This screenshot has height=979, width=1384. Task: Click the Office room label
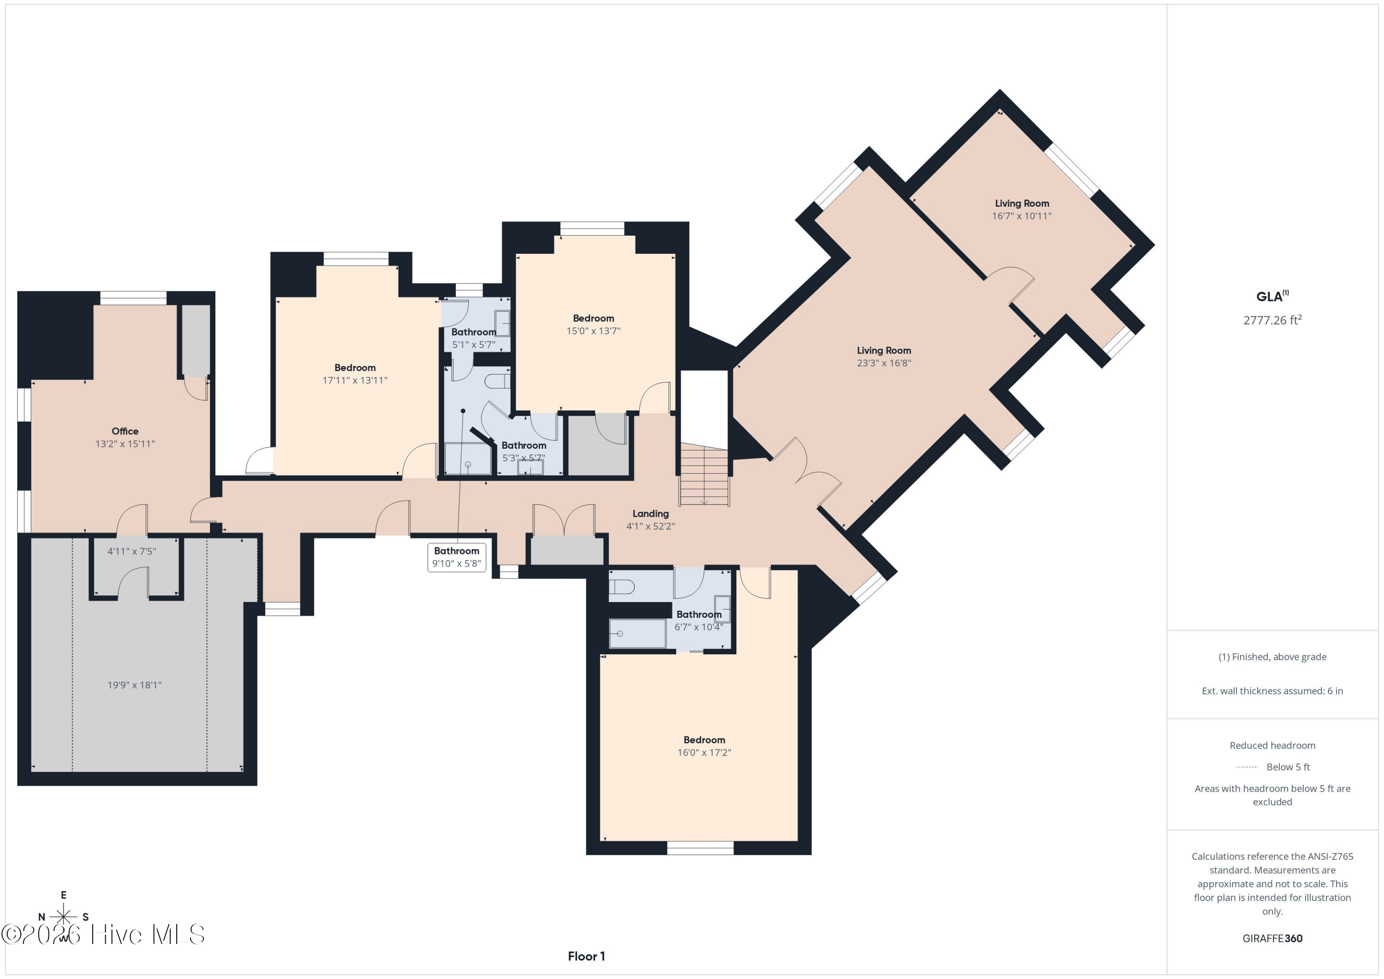125,431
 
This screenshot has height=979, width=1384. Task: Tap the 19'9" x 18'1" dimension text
134,685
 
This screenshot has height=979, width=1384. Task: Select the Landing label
650,513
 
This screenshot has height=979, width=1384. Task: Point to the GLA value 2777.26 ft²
1272,320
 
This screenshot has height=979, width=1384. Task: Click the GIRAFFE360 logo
1272,938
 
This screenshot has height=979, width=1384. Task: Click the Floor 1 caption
586,956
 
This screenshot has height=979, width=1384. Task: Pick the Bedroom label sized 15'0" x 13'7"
594,324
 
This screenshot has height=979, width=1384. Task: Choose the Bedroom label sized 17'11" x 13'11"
355,374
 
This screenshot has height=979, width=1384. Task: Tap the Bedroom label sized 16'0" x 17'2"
704,746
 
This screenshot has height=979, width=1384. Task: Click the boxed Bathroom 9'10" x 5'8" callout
457,557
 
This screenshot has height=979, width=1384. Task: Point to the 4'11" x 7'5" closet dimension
132,551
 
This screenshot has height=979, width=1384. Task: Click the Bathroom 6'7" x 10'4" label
698,621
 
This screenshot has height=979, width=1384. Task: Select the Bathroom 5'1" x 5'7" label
474,338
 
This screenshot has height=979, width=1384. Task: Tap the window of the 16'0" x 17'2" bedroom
700,848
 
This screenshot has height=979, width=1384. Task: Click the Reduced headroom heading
1272,745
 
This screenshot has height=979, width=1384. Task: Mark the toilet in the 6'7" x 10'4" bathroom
621,586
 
